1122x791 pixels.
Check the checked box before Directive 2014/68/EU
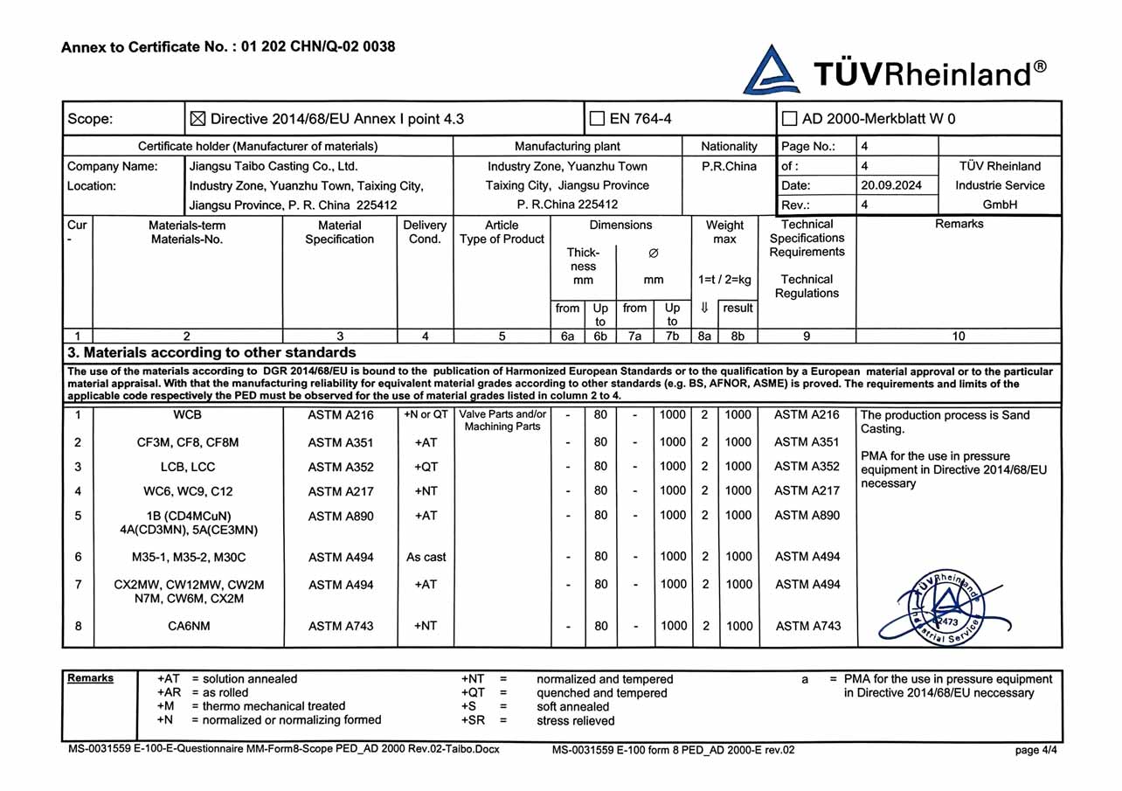click(x=197, y=119)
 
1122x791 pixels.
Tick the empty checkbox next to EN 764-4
click(x=598, y=119)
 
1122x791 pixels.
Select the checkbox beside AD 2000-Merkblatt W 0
click(x=790, y=119)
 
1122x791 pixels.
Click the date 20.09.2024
click(x=890, y=185)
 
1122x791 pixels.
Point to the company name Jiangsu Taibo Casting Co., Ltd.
click(x=274, y=166)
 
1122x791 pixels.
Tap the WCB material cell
click(x=187, y=415)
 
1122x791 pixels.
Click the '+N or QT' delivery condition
click(x=425, y=415)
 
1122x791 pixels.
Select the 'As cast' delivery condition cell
click(x=426, y=557)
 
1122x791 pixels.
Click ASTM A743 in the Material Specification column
click(x=340, y=626)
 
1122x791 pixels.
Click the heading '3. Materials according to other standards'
click(x=211, y=353)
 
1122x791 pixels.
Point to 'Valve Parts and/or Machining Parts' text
click(x=502, y=420)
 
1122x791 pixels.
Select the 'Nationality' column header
click(x=729, y=146)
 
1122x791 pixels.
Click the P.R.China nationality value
click(x=729, y=166)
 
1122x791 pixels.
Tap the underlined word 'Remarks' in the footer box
click(x=90, y=678)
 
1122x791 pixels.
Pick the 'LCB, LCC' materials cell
click(x=188, y=467)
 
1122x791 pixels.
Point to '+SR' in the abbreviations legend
click(x=473, y=721)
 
